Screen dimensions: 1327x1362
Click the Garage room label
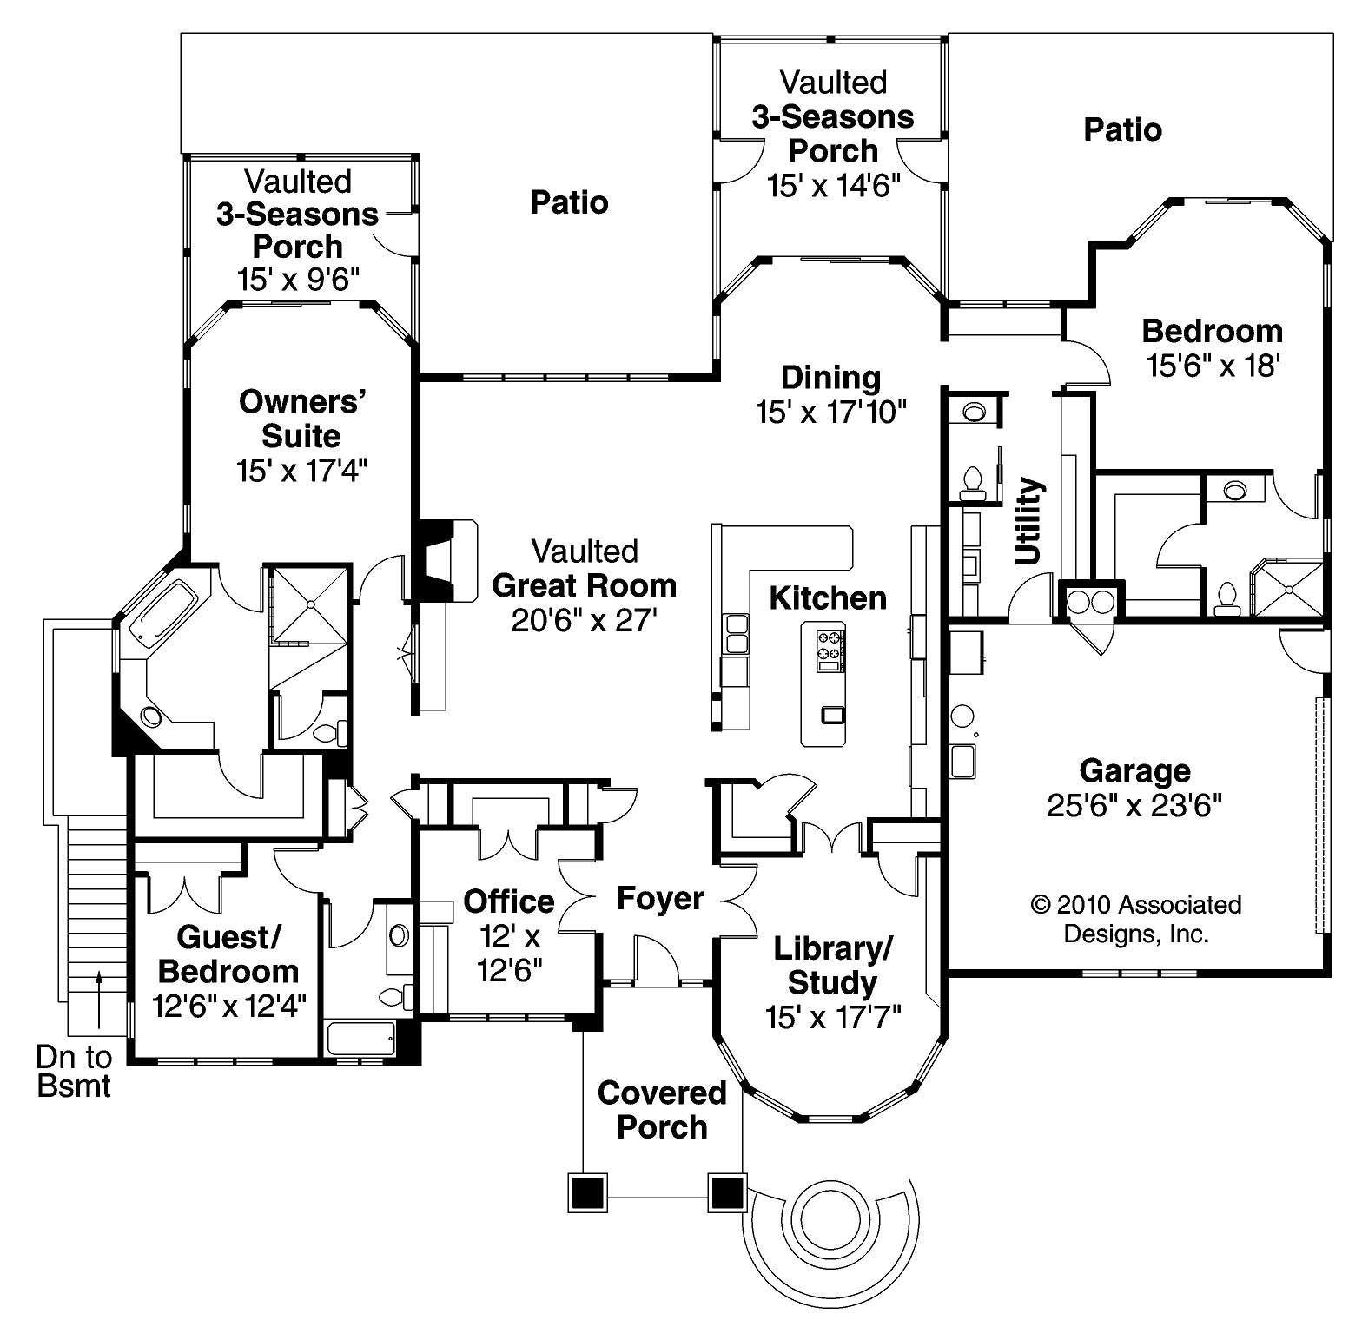coord(1134,771)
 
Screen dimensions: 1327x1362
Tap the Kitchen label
coord(828,598)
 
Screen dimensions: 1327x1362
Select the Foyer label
coord(660,898)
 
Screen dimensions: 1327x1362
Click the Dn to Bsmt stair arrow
coord(99,999)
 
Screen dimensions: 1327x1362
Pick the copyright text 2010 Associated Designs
coord(1136,919)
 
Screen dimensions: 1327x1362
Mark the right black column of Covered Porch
coord(727,1193)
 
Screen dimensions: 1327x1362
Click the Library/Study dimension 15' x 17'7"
coord(833,1017)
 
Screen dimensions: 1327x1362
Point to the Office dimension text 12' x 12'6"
coord(510,954)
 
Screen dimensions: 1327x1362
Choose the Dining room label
coord(830,378)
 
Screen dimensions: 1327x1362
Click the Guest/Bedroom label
coord(228,954)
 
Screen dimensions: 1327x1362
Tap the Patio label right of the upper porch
coord(1122,130)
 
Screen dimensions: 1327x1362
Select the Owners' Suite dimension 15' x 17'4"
coord(301,471)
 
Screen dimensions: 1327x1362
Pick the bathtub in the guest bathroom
coord(360,1038)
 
